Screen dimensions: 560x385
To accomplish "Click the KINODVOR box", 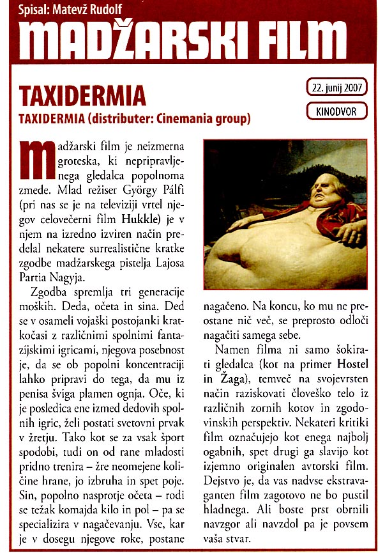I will tap(336, 111).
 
